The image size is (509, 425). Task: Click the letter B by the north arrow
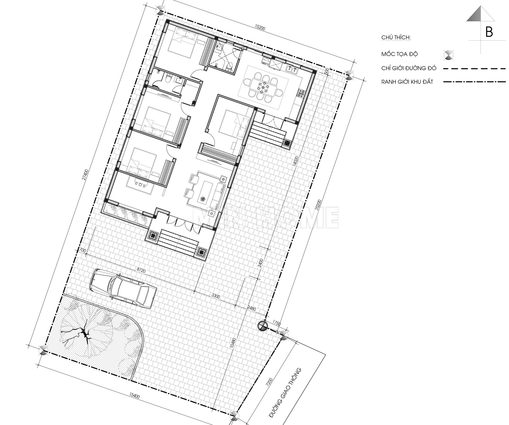489,32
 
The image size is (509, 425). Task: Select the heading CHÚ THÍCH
396,37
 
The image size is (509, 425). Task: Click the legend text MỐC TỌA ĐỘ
399,54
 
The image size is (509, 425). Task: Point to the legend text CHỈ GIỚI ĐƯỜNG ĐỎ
409,68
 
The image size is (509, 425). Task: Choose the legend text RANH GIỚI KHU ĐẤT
407,82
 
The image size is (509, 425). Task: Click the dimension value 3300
216,297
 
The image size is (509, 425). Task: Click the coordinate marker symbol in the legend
449,55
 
